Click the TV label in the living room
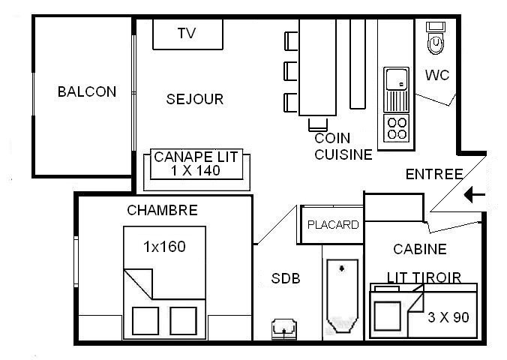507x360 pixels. (187, 33)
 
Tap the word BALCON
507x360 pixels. (87, 91)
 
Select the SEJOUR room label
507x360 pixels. (195, 99)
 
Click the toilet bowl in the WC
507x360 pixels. (436, 43)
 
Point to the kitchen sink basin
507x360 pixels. (397, 79)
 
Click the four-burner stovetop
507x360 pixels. (397, 128)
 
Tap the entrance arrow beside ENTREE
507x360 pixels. (475, 195)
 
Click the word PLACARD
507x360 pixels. (333, 225)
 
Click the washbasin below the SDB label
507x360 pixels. (284, 328)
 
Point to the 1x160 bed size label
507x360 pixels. (164, 247)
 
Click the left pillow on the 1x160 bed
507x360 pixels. (145, 320)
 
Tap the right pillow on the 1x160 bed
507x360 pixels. (183, 320)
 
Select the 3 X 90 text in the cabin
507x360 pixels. (448, 317)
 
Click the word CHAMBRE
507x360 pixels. (162, 211)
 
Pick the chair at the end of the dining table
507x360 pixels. (318, 124)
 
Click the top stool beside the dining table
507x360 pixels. (291, 41)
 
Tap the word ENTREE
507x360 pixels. (434, 174)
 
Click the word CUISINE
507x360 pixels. (343, 154)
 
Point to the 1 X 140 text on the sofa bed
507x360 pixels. (196, 171)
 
